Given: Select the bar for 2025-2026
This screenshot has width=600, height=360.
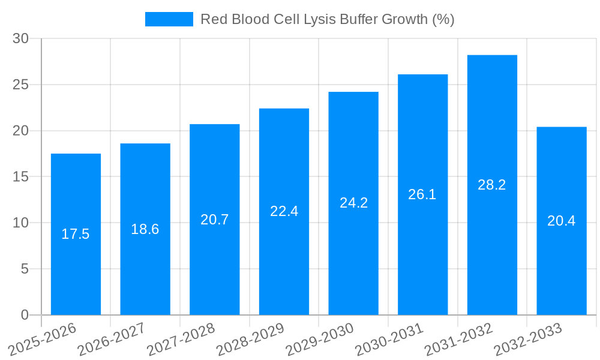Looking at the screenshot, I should (x=76, y=234).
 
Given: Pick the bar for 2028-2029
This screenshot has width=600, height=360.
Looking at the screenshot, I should (x=284, y=211).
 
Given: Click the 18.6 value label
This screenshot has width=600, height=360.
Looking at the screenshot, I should (x=145, y=229).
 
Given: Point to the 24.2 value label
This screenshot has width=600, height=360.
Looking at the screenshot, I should (x=353, y=203).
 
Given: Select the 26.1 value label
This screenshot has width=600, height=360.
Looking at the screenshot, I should (x=422, y=194).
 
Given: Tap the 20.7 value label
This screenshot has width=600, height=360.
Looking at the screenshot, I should (x=215, y=220).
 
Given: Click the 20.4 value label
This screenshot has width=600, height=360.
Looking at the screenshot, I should (x=562, y=221).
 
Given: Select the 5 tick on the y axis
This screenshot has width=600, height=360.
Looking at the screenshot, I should (x=25, y=269).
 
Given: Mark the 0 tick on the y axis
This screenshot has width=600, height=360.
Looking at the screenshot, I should (x=25, y=315).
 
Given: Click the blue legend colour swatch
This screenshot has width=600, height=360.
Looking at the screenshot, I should (x=169, y=19).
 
